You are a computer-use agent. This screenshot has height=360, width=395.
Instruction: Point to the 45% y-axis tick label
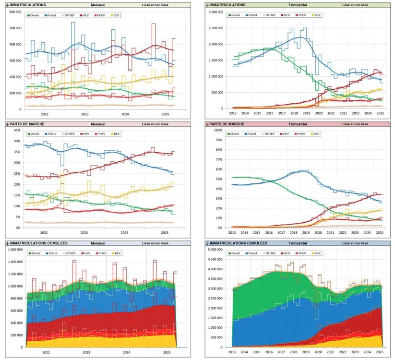[x=16, y=130]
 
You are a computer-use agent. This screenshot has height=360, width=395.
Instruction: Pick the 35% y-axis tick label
[x=16, y=152]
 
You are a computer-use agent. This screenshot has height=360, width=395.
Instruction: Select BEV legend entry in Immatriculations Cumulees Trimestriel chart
[x=317, y=253]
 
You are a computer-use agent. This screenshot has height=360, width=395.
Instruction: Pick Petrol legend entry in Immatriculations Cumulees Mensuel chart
[x=52, y=253]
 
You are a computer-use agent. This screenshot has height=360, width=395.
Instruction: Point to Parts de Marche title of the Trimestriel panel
[x=225, y=124]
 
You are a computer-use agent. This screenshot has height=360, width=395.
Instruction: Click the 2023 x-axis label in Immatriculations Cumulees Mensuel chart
[x=85, y=352]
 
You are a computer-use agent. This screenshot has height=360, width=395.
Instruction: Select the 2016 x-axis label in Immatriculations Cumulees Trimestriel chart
[x=269, y=352]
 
